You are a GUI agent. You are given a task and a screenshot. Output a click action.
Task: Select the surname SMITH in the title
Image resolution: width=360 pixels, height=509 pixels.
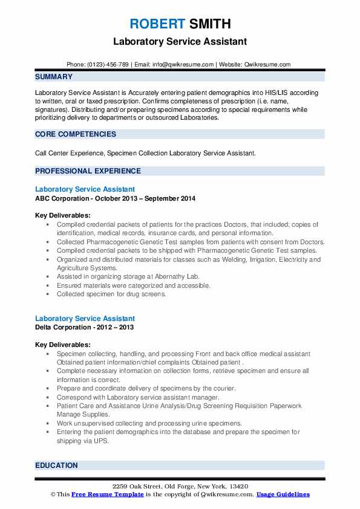[x=209, y=24]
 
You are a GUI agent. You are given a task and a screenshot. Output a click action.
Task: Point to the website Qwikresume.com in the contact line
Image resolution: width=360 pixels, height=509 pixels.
[x=267, y=64]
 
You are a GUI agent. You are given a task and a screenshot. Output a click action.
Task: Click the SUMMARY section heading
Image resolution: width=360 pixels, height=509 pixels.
[x=54, y=77]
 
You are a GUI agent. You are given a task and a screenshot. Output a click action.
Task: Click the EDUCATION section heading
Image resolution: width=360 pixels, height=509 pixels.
[x=57, y=465]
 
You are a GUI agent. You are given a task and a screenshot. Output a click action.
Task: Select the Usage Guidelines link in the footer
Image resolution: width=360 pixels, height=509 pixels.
[x=283, y=494]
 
